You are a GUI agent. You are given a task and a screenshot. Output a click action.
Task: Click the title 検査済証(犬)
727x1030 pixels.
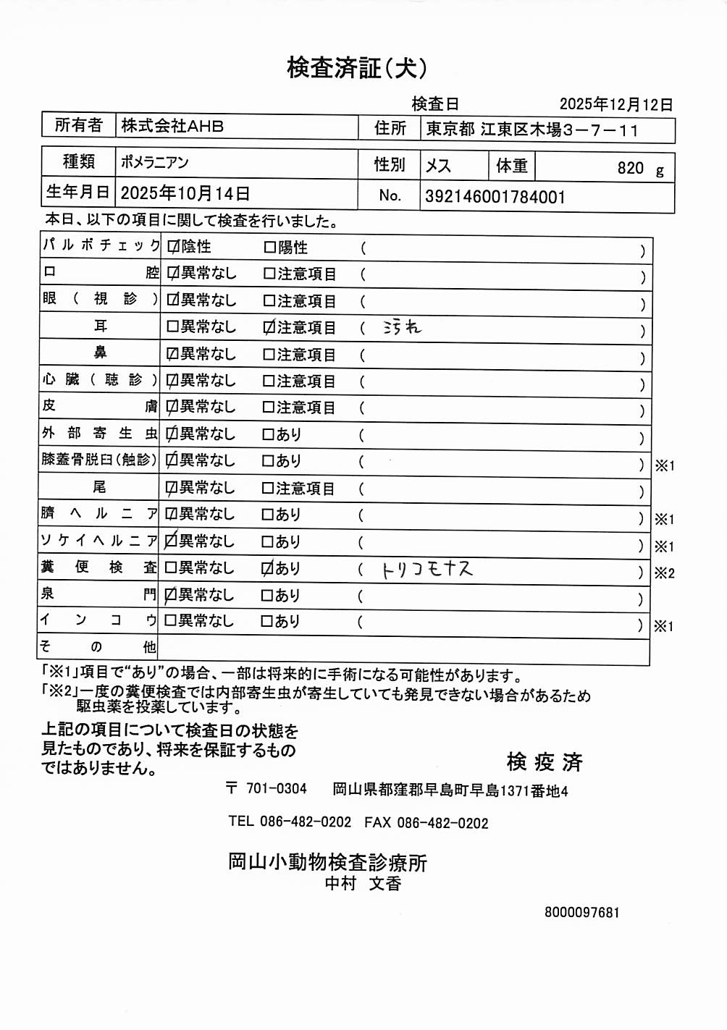(x=356, y=68)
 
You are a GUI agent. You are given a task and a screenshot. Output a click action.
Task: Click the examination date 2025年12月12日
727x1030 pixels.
(x=615, y=105)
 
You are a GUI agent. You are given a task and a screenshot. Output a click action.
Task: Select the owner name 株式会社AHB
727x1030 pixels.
(x=172, y=126)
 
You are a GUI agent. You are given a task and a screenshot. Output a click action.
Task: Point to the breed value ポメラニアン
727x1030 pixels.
(x=155, y=162)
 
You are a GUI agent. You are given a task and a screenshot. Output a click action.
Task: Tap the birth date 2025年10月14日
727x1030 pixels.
(x=185, y=193)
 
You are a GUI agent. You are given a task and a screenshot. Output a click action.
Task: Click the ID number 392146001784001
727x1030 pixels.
(x=495, y=197)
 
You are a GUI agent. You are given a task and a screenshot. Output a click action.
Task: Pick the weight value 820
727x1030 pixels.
(x=630, y=169)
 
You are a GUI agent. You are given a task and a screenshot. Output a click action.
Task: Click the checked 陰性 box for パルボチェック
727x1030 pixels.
(x=173, y=247)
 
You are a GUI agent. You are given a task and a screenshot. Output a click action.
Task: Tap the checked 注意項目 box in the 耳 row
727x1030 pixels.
(x=269, y=328)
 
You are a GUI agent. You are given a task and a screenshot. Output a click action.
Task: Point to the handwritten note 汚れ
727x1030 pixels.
(x=402, y=328)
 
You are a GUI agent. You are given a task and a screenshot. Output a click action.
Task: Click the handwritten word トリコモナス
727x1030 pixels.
(x=427, y=570)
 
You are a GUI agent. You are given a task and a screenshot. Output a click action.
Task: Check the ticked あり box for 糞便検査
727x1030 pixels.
(x=267, y=569)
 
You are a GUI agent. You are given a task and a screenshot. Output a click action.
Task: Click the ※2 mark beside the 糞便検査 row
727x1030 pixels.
(x=664, y=573)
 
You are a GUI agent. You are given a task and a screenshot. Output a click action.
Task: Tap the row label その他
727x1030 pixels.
(x=98, y=647)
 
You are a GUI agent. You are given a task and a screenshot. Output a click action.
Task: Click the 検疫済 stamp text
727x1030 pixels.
(x=545, y=762)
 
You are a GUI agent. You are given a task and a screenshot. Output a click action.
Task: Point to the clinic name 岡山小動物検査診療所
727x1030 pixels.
(x=327, y=862)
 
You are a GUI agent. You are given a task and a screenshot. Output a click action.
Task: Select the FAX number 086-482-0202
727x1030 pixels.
(x=442, y=823)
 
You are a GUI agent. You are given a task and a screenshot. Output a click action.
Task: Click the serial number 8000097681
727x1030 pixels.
(x=581, y=913)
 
